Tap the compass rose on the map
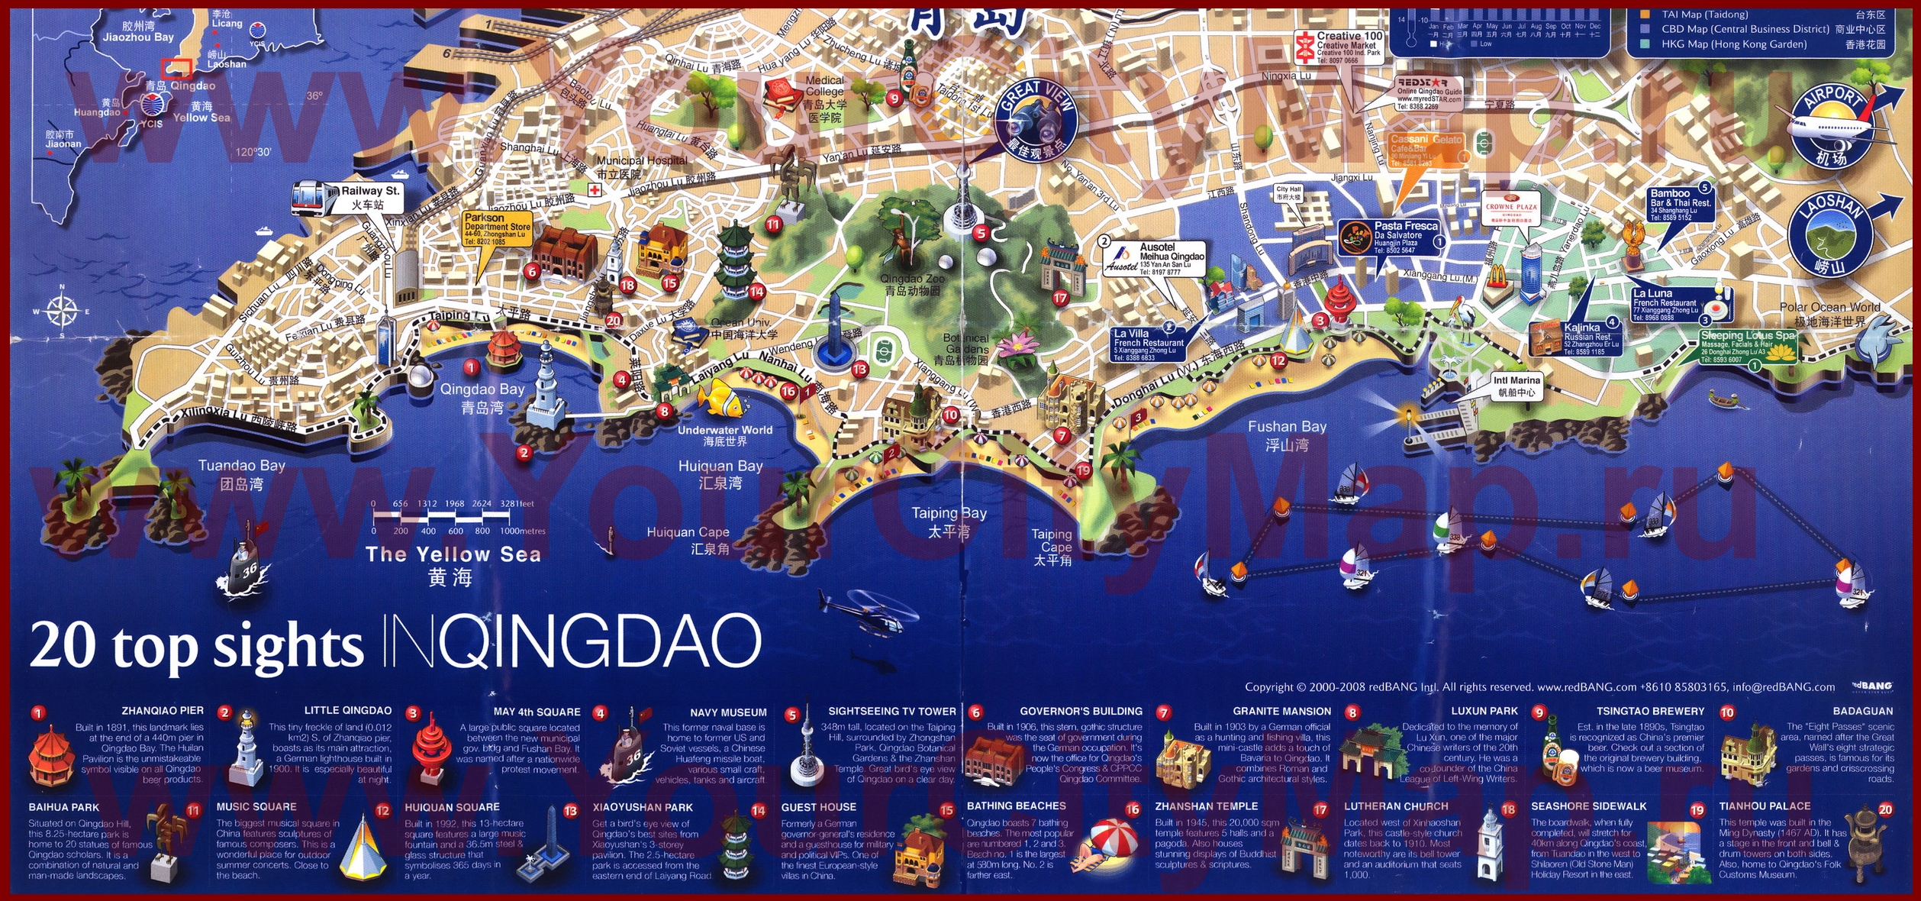tap(61, 312)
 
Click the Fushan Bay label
tap(1287, 434)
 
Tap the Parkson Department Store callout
tap(497, 229)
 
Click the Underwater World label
tap(724, 435)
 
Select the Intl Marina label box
tap(1516, 386)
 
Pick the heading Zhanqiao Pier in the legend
tap(163, 710)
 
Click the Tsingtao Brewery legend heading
tap(1650, 711)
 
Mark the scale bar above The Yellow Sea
tap(459, 518)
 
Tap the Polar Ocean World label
tap(1829, 314)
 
